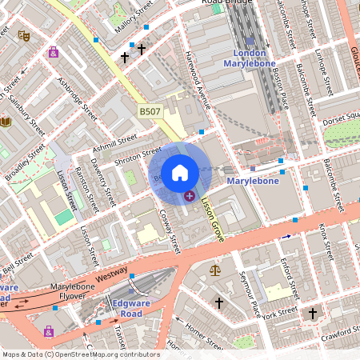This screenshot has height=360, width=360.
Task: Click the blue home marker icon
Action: click(x=180, y=173)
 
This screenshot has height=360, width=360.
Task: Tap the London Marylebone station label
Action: click(x=254, y=58)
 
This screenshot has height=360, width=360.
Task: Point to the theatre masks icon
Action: click(x=25, y=35)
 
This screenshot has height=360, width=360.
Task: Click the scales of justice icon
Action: click(x=214, y=270)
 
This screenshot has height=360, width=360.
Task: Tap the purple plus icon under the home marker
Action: click(x=190, y=196)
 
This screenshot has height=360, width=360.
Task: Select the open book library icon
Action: click(x=6, y=122)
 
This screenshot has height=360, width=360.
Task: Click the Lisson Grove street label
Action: click(x=211, y=220)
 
